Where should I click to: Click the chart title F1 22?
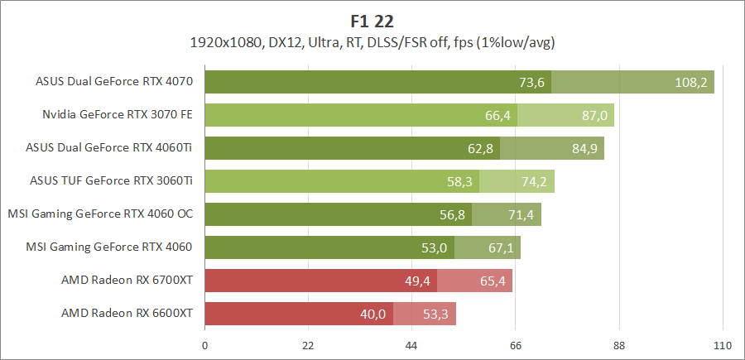(372, 19)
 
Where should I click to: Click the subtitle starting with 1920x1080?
(372, 41)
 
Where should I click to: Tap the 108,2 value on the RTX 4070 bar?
(690, 82)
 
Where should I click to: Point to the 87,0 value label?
(594, 115)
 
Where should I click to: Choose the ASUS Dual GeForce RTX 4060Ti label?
(109, 147)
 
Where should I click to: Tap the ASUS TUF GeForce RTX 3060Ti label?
(111, 180)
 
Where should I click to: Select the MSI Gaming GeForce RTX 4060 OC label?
(100, 214)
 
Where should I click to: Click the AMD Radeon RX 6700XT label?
(127, 280)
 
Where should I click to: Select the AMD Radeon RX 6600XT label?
(127, 313)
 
